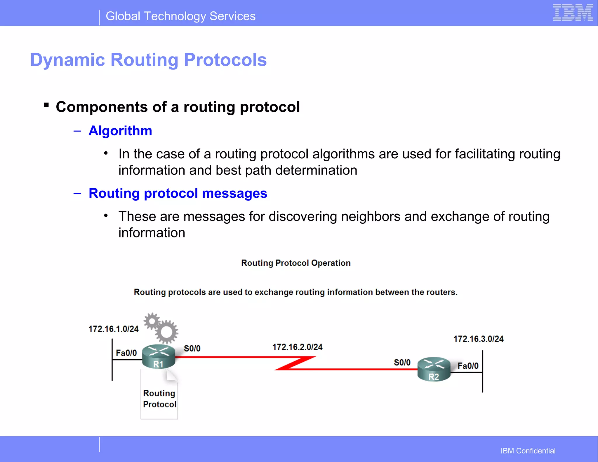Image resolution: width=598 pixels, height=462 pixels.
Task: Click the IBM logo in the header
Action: [573, 13]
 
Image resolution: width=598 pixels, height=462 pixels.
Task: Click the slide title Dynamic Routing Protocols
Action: [148, 60]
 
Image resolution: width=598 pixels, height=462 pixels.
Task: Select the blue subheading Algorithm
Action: [120, 131]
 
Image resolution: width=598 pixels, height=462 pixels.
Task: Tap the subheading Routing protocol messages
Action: [178, 193]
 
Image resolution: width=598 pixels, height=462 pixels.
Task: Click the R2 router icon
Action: [434, 369]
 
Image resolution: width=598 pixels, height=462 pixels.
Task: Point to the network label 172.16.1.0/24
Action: [113, 329]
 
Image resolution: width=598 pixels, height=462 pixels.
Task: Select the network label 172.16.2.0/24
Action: [297, 347]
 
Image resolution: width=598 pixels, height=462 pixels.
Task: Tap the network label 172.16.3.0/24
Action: [478, 339]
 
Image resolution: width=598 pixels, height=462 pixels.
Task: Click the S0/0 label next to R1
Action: [192, 349]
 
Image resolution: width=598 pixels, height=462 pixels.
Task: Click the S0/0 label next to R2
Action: [402, 363]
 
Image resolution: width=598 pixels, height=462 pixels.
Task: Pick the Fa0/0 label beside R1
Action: [126, 353]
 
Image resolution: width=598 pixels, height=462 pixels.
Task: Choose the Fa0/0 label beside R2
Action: [468, 366]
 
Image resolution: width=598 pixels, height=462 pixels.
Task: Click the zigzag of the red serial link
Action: [295, 363]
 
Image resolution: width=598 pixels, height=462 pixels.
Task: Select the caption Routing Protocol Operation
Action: [295, 263]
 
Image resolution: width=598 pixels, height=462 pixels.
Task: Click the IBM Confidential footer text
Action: [528, 451]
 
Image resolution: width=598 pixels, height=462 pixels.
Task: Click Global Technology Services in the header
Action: [180, 16]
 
